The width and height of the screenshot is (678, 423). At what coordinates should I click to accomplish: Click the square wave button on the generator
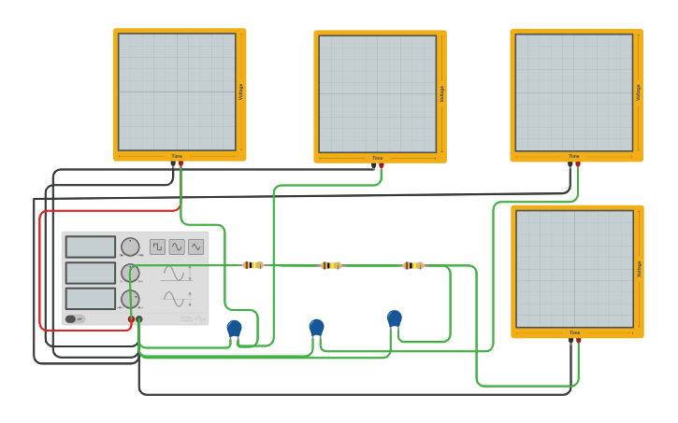[x=157, y=247]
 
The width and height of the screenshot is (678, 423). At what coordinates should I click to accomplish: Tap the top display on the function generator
[x=91, y=247]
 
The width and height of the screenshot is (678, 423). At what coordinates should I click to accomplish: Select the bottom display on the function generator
[x=91, y=299]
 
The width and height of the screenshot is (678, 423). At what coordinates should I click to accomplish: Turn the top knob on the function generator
[x=130, y=247]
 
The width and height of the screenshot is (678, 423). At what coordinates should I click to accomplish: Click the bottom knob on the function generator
[x=130, y=299]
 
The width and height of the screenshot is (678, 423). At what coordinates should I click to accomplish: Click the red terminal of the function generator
[x=131, y=319]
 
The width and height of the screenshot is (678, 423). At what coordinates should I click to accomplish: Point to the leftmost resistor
[x=252, y=265]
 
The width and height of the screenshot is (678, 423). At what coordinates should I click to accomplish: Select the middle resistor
[x=331, y=265]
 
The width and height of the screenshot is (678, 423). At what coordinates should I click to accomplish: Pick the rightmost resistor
[x=412, y=265]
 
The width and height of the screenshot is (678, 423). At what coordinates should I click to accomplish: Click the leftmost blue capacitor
[x=234, y=328]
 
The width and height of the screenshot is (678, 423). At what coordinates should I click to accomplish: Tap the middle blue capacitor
[x=317, y=327]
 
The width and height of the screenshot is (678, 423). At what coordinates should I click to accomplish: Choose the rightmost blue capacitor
[x=395, y=318]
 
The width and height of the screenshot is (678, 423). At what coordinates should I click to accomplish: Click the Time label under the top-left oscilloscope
[x=177, y=156]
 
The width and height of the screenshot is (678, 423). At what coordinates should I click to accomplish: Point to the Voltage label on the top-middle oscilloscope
[x=441, y=94]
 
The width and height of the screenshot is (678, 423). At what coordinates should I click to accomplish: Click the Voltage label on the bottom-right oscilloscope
[x=639, y=269]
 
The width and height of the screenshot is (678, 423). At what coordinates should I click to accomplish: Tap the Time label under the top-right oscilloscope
[x=574, y=156]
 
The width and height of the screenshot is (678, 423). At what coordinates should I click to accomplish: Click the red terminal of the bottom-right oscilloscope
[x=579, y=341]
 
